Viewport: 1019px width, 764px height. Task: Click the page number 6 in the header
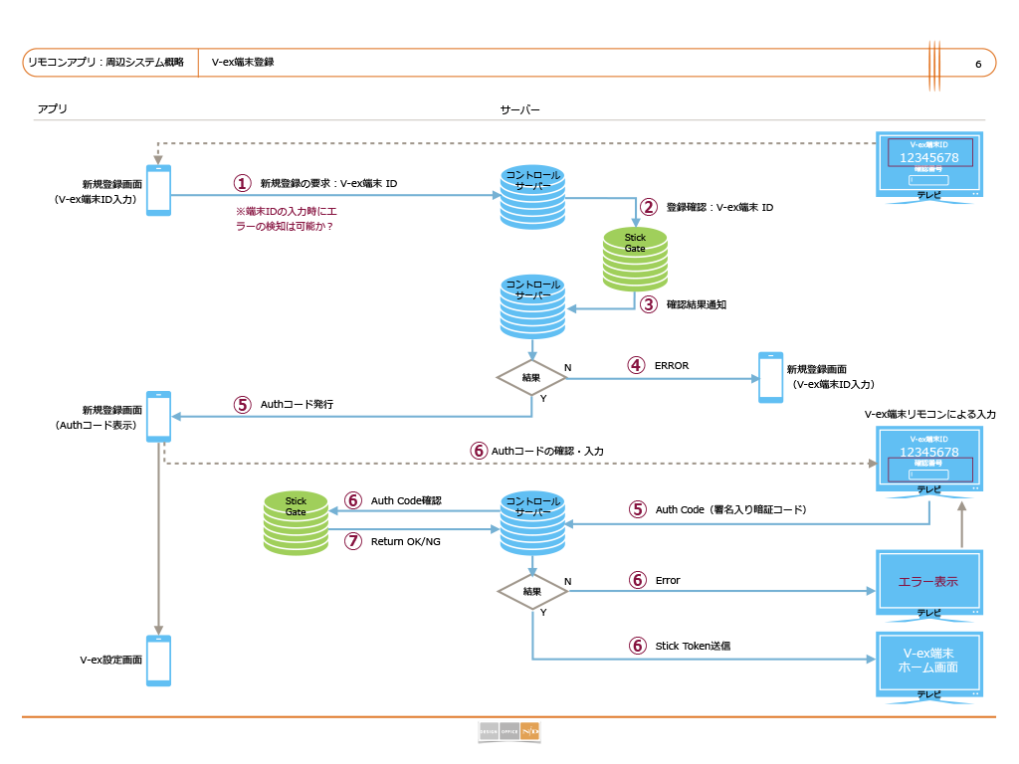pos(978,65)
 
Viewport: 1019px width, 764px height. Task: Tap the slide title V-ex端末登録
pos(243,62)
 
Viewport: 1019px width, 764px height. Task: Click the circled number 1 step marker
pos(241,183)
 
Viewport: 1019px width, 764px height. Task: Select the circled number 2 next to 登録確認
pos(648,207)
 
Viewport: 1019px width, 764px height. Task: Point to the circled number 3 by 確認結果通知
pos(648,304)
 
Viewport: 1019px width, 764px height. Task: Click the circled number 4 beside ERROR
pos(636,365)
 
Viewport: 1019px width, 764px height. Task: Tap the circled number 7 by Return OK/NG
pos(352,541)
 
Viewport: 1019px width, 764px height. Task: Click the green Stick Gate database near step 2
pos(635,258)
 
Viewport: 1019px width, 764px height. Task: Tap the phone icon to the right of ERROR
pos(770,377)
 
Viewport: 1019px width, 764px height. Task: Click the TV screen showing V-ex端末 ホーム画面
pos(929,664)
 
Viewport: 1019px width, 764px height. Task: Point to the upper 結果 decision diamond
pos(531,378)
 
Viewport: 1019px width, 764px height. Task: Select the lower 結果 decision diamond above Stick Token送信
pos(532,591)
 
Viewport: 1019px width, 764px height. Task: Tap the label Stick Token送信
pos(693,645)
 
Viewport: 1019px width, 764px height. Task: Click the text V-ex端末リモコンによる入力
pos(929,414)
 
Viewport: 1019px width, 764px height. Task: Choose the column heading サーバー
pos(519,108)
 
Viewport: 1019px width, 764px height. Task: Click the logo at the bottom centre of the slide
pos(509,732)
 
